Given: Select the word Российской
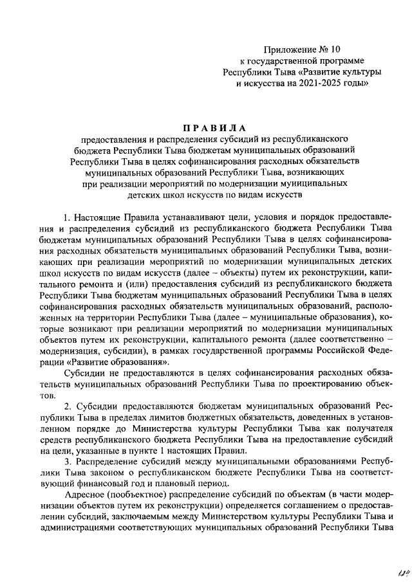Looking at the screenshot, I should pyautogui.click(x=335, y=349).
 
